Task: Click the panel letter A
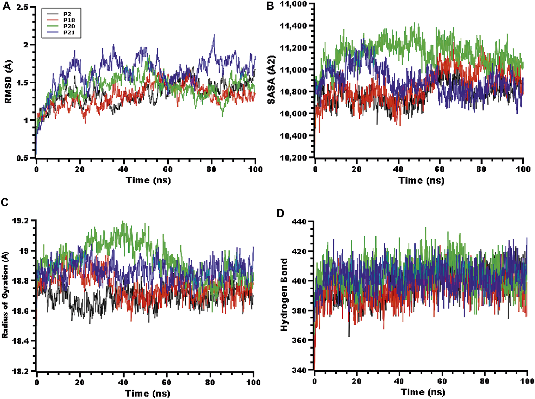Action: pyautogui.click(x=6, y=6)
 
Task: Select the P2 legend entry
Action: pyautogui.click(x=67, y=14)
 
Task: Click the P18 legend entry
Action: pyautogui.click(x=69, y=20)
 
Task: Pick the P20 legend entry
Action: pyautogui.click(x=69, y=26)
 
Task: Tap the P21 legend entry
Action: pyautogui.click(x=69, y=32)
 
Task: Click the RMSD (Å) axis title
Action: pyautogui.click(x=8, y=82)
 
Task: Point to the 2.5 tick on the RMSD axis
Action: pyautogui.click(x=22, y=7)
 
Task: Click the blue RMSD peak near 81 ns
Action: pyautogui.click(x=214, y=35)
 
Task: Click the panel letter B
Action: pyautogui.click(x=270, y=6)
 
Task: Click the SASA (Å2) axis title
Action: pyautogui.click(x=271, y=79)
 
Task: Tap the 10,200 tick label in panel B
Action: pyautogui.click(x=293, y=158)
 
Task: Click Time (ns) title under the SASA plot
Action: pyautogui.click(x=421, y=180)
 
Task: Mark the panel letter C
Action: pyautogui.click(x=5, y=202)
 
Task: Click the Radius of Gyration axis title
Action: pyautogui.click(x=5, y=295)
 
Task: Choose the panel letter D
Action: pyautogui.click(x=280, y=213)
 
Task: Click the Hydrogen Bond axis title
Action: pyautogui.click(x=284, y=295)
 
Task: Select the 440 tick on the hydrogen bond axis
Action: pyautogui.click(x=299, y=222)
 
